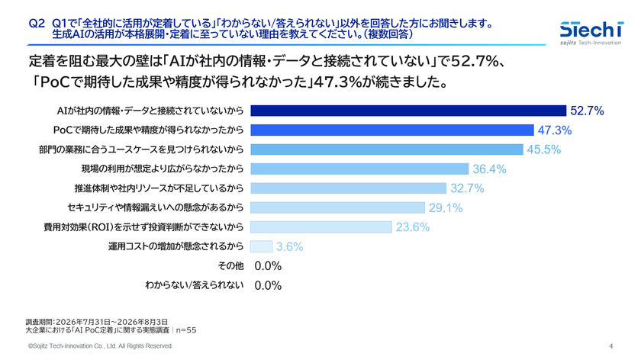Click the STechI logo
(591, 33)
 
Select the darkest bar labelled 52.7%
(408, 111)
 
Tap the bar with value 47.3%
(392, 130)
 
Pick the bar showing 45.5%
(387, 149)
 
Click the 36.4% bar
(359, 169)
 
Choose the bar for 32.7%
(348, 188)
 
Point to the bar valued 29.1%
(337, 207)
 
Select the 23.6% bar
(321, 227)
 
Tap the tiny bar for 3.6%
(261, 246)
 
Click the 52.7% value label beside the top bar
(587, 111)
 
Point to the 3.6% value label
(289, 246)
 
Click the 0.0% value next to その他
(268, 266)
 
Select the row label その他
(230, 266)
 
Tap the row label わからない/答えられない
(195, 285)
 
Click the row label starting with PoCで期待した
(148, 130)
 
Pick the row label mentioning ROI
(143, 227)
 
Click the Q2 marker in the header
(37, 24)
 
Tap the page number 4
(610, 346)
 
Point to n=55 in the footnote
(186, 330)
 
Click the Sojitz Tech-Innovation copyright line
(101, 346)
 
